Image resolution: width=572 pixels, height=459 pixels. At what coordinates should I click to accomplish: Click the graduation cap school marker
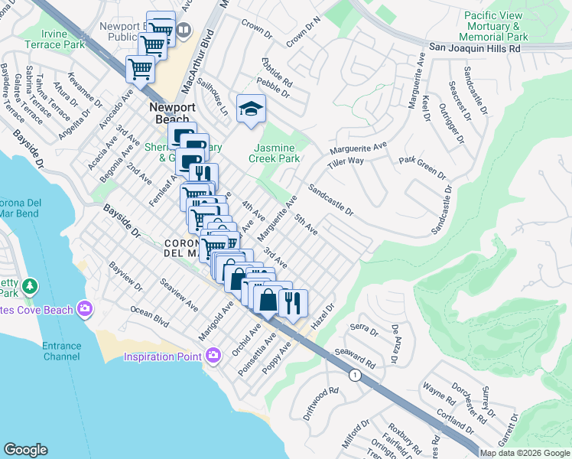click(x=250, y=110)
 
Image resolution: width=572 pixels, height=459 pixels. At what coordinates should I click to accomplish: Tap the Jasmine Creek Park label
click(x=274, y=152)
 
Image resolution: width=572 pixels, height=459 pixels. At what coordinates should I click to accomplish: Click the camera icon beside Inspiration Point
click(x=213, y=355)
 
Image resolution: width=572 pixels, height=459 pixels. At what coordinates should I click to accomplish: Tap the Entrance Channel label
click(x=62, y=351)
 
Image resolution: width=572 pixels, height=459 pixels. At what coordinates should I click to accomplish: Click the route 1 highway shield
click(x=354, y=375)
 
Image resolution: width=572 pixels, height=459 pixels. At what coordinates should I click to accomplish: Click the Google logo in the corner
click(x=26, y=450)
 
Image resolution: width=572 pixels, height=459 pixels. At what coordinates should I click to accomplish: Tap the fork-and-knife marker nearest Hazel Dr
click(x=293, y=304)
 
